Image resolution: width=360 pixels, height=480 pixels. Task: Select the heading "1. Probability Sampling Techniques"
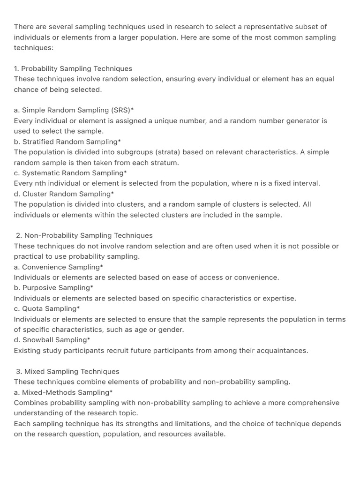73,68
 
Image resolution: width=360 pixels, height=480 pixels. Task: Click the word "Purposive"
39,288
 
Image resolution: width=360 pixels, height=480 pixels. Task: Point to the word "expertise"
279,298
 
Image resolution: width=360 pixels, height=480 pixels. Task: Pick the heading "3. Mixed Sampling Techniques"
67,371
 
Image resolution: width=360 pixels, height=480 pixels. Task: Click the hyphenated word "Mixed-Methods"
49,392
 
